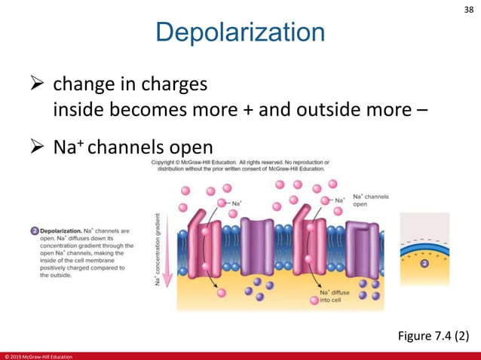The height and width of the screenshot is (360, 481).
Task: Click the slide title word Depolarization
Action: [240, 33]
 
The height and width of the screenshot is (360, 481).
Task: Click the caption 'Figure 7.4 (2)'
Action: [433, 335]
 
